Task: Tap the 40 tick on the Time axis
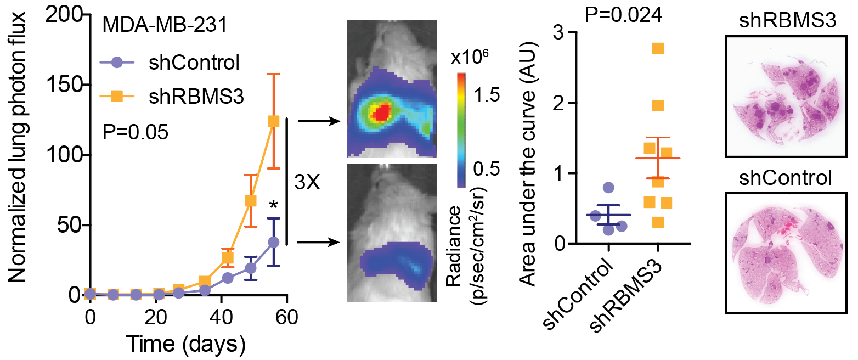(221, 317)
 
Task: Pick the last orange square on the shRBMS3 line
(273, 121)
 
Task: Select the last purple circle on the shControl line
(273, 242)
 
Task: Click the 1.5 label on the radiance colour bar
(487, 97)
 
